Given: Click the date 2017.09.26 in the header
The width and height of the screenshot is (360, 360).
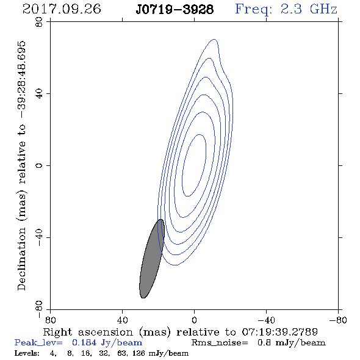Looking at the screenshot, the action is tap(62, 9).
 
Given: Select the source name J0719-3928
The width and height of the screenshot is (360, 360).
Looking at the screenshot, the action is tap(175, 10).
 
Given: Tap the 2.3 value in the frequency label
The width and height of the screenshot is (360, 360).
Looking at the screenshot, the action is tap(291, 9).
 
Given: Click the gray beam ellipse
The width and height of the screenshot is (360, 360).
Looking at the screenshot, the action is tap(152, 259).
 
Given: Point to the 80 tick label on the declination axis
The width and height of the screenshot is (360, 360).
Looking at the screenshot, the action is tap(39, 22).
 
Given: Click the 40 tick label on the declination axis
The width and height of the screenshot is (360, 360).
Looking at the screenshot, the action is tap(39, 94).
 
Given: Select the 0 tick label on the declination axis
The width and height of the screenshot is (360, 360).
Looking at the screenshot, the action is tap(39, 165).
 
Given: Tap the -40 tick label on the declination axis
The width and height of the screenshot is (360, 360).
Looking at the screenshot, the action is tap(39, 237).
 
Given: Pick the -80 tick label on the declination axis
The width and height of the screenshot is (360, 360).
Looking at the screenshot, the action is tap(39, 309).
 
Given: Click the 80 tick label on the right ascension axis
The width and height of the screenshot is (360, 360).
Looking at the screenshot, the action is tap(50, 320).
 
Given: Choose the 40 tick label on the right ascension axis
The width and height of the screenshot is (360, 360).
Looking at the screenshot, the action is tap(123, 320).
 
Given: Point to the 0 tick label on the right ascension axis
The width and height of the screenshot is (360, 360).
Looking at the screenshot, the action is tap(194, 320).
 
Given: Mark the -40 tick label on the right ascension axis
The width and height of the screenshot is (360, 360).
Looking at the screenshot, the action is tap(266, 320).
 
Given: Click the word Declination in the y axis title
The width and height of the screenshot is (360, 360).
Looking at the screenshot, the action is tap(21, 259).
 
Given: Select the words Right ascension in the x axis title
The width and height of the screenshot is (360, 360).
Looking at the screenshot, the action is tap(88, 332).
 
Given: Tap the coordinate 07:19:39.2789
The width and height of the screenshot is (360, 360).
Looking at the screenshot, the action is tap(280, 332).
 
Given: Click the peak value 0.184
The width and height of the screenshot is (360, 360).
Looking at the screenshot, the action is tap(84, 342).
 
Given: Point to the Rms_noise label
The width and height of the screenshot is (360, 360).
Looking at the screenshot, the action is tap(220, 343).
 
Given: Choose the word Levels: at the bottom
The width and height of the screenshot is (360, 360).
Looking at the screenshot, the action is tap(27, 353).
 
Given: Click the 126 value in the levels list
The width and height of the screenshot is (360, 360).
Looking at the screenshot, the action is tap(139, 353).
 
